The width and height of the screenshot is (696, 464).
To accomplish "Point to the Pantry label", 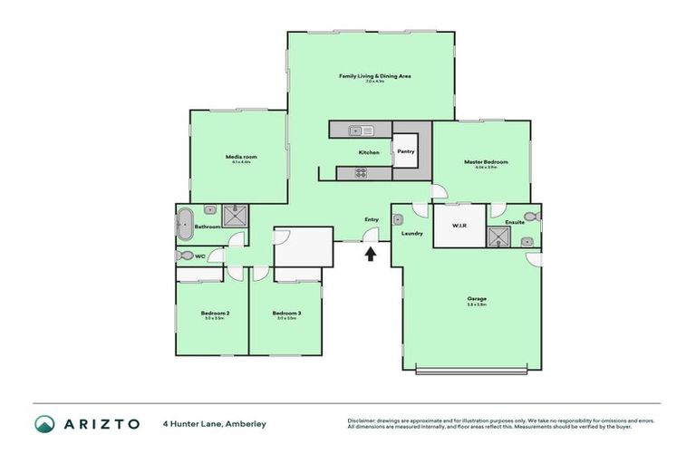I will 405,151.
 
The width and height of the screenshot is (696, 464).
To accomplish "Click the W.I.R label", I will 459,227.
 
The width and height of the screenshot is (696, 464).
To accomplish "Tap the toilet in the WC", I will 185,256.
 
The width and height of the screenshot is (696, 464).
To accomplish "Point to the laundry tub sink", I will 398,218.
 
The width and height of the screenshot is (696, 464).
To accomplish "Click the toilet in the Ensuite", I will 535,217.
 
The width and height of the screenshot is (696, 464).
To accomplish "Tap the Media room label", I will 239,157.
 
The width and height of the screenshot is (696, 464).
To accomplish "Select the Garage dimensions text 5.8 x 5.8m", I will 477,304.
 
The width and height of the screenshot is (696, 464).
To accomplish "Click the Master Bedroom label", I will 486,162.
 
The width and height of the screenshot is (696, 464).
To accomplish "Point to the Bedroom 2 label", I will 215,314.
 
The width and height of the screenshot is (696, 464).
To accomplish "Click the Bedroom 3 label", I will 286,314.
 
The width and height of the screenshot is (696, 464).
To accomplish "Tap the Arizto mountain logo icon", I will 44,423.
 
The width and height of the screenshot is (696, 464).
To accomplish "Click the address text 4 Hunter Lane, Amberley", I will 214,423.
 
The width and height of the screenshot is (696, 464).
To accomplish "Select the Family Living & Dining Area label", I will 374,76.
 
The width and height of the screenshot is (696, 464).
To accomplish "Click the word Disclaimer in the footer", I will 362,420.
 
